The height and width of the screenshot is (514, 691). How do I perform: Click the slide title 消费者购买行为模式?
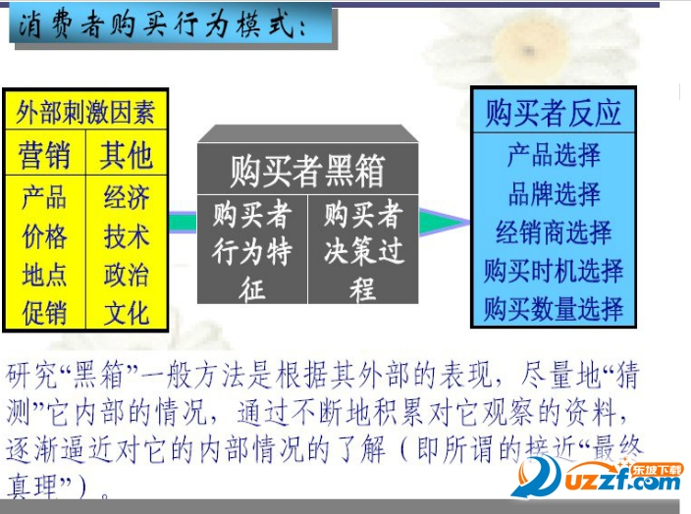163,26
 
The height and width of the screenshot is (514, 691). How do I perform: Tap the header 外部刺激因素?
85,111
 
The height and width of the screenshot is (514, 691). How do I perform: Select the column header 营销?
45,155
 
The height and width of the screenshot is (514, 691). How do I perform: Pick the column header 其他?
127,155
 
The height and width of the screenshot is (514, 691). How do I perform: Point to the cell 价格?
45,236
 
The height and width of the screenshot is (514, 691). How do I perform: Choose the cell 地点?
45,275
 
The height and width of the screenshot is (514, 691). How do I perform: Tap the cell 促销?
45,313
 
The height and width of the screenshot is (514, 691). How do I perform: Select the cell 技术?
127,236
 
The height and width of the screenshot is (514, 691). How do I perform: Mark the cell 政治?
127,275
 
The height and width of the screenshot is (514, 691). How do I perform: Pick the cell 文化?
127,313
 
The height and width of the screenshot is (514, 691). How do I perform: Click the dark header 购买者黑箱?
307,171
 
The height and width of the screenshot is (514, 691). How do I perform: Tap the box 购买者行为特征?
252,252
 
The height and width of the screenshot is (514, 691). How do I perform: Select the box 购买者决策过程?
363,252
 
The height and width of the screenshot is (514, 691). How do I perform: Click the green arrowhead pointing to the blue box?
439,223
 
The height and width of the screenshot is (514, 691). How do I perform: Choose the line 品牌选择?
554,193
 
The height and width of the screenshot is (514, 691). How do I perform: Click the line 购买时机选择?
554,271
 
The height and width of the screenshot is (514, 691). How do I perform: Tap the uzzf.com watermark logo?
600,480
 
